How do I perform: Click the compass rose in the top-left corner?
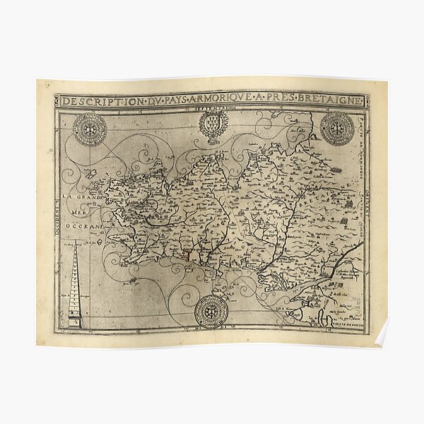pos(90,129)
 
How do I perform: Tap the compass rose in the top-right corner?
pos(337,129)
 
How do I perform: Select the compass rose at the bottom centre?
pos(211,311)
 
